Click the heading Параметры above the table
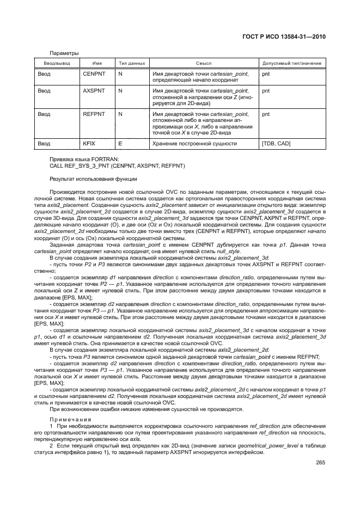coord(64,53)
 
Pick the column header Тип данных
coord(131,64)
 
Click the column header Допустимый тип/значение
coord(291,64)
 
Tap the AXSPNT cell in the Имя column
coord(90,91)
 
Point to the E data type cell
coord(120,144)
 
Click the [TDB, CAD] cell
coord(276,144)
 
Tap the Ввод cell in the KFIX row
coord(44,144)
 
